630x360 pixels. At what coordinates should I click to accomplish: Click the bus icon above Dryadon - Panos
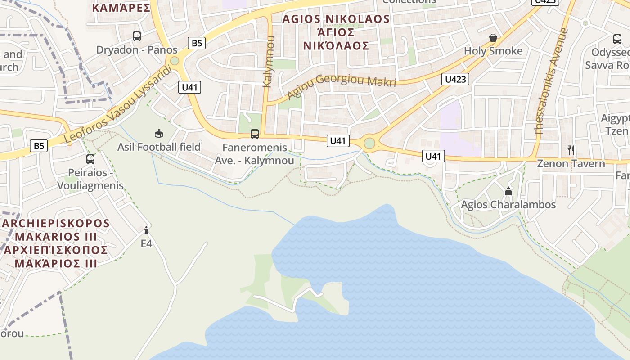tap(137, 36)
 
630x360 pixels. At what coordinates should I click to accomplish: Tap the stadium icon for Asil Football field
tap(159, 133)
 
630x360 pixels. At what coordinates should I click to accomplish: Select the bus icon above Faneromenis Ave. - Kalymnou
tap(255, 134)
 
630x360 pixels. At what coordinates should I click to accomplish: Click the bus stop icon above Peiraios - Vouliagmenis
tap(90, 159)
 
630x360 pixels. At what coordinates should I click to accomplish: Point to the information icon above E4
tap(146, 231)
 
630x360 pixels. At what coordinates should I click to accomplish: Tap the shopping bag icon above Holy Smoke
tap(493, 38)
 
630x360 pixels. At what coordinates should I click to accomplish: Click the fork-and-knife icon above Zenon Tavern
tap(571, 150)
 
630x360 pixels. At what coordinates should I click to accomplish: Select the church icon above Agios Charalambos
tap(508, 192)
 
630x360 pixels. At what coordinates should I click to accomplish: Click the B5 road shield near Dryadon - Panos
tap(196, 43)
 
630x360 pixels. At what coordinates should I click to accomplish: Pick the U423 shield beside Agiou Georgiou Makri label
tap(455, 80)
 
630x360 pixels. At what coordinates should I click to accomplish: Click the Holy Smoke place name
tap(493, 51)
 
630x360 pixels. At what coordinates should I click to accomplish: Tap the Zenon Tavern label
tap(571, 163)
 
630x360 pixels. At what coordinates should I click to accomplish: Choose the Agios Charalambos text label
tap(508, 205)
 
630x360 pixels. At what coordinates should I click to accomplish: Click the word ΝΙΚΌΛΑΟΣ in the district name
tap(336, 46)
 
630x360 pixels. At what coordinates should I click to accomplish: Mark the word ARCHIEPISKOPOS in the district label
tap(56, 224)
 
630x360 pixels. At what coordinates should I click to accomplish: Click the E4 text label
tap(147, 244)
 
